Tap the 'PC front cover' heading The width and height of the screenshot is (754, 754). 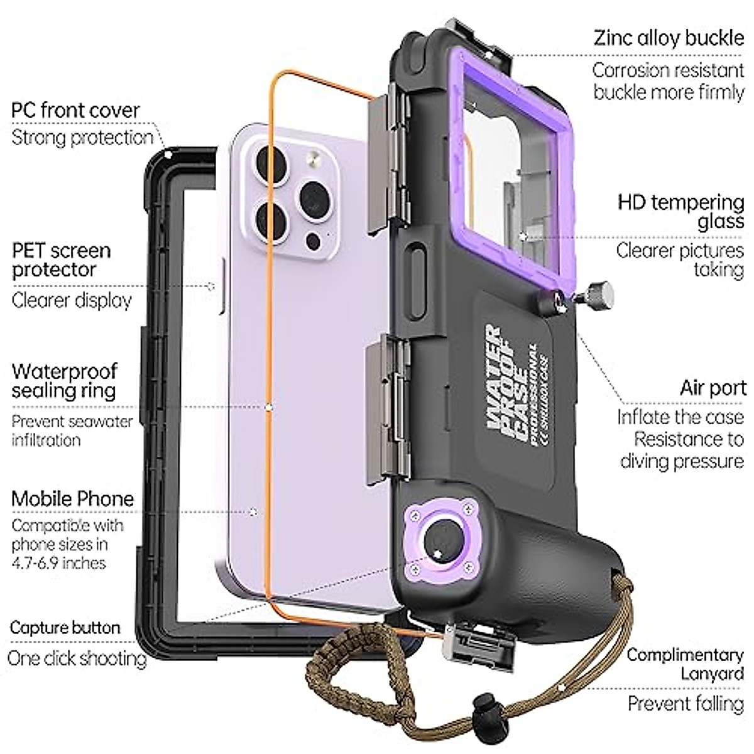click(75, 111)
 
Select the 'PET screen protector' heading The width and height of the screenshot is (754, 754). click(61, 260)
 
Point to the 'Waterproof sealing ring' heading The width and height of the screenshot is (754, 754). click(64, 381)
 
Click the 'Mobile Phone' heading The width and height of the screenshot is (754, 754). click(73, 499)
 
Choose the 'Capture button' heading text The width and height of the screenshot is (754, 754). click(65, 628)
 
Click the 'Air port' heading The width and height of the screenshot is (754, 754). click(713, 388)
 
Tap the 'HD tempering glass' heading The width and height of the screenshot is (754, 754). click(681, 212)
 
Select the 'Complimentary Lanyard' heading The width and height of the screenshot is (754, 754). click(685, 664)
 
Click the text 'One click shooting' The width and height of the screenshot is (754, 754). click(77, 658)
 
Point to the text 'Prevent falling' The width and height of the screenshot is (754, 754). click(686, 703)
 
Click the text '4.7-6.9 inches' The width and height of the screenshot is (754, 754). click(58, 562)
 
